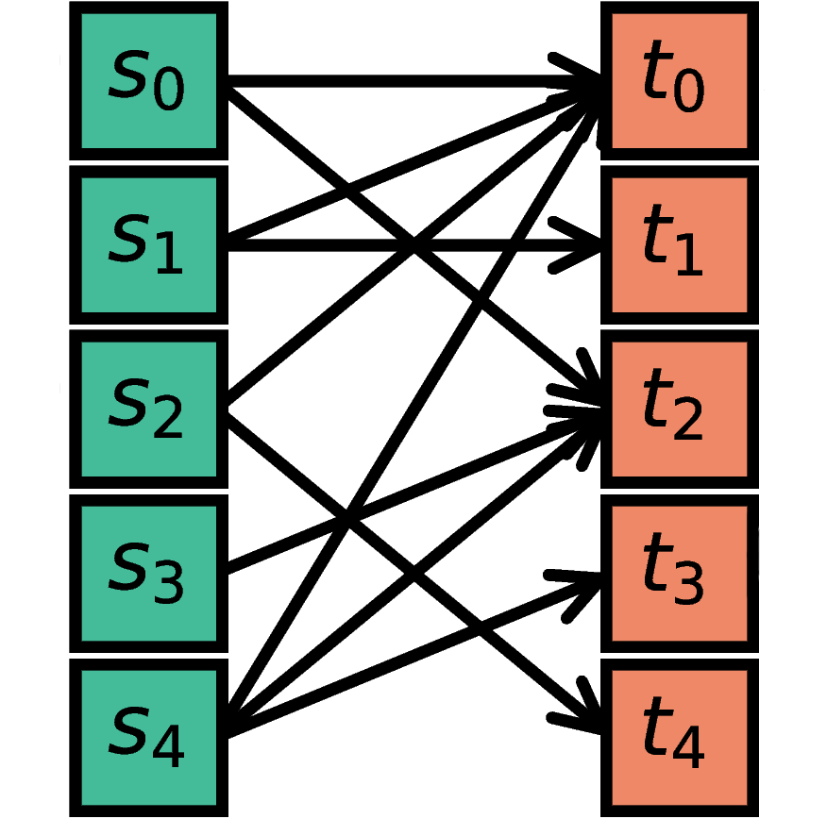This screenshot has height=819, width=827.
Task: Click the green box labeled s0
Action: (148, 81)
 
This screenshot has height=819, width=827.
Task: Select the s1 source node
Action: (148, 244)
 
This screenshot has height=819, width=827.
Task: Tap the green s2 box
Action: (148, 409)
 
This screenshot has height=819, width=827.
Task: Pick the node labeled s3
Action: (148, 573)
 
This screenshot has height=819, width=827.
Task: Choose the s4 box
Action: (148, 737)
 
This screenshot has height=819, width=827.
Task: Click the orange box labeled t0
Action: (679, 81)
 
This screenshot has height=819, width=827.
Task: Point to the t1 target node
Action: (679, 244)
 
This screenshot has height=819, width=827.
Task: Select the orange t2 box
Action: (679, 409)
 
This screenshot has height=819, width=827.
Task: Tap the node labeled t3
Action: (679, 573)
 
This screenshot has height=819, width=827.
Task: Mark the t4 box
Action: (679, 737)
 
